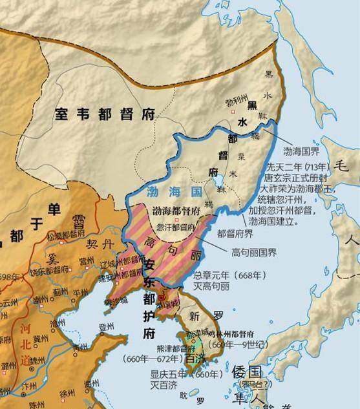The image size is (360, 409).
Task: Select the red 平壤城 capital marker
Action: (162, 297)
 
